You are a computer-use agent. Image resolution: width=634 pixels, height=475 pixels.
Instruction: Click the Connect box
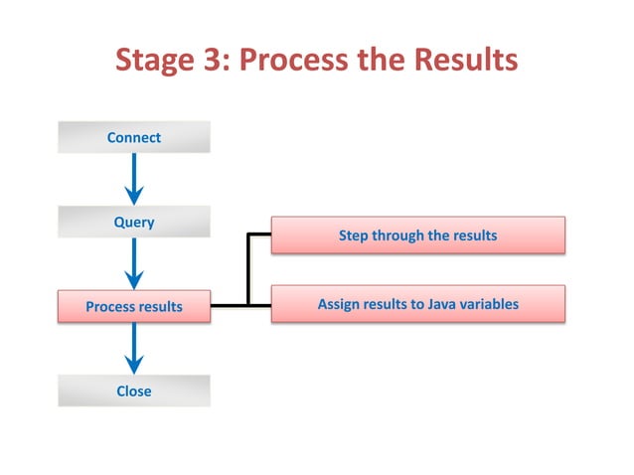133,137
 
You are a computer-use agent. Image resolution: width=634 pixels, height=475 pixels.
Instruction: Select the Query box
133,223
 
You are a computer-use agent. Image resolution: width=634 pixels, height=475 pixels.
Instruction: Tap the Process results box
133,307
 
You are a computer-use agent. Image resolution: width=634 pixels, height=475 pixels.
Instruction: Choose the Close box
133,392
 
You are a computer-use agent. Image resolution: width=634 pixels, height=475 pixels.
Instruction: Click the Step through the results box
417,237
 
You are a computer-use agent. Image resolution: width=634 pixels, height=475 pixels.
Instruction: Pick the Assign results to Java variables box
417,304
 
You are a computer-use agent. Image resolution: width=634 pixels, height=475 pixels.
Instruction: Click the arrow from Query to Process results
134,265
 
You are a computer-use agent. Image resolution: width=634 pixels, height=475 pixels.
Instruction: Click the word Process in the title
299,61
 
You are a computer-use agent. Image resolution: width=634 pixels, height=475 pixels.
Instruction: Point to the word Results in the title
467,61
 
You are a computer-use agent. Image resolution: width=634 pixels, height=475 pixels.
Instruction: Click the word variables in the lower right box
489,304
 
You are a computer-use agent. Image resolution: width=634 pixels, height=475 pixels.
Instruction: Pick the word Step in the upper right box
353,237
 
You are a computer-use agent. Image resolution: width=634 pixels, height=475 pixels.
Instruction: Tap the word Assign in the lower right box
339,304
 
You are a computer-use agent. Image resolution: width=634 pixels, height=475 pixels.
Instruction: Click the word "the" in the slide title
388,61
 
